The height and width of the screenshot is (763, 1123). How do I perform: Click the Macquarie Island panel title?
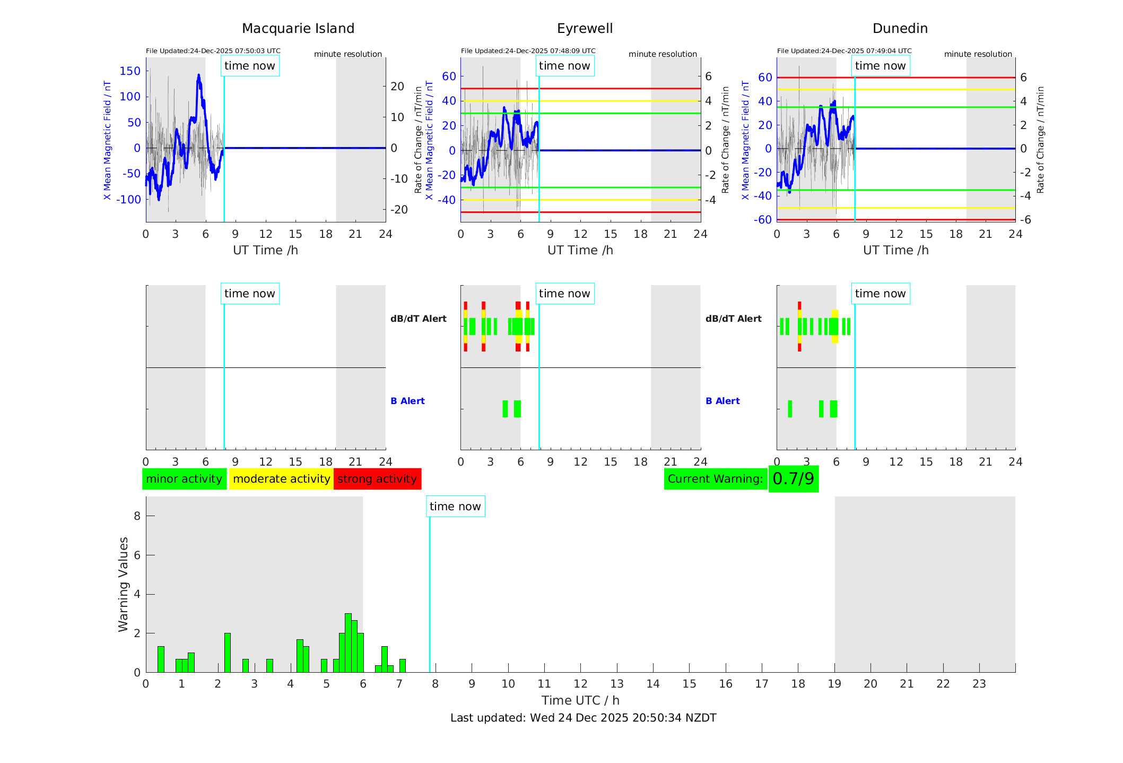pos(298,29)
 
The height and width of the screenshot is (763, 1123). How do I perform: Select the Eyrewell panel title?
pos(585,29)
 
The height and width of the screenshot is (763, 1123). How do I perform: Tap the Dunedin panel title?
pos(900,29)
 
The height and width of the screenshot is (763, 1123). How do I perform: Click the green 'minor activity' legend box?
pos(184,479)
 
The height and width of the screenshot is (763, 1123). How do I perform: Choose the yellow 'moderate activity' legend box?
pos(281,479)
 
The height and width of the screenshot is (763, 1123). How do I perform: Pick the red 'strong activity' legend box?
pos(377,479)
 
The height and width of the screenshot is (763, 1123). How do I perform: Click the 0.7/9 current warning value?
pos(793,479)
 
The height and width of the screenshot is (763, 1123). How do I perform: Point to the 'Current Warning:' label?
pos(715,479)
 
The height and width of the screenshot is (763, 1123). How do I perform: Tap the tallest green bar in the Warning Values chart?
pos(348,642)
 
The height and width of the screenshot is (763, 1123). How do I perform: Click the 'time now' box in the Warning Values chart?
pos(455,507)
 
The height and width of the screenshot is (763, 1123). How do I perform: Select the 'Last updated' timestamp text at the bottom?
pos(583,718)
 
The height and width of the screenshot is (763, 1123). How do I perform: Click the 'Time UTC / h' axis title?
pos(580,700)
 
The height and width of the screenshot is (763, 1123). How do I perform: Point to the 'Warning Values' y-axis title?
pos(123,584)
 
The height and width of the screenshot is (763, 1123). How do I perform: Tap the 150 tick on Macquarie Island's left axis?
pos(130,71)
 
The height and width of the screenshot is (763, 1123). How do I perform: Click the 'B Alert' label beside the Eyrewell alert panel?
pos(407,401)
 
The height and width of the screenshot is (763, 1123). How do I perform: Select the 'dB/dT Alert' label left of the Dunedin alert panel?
pos(733,319)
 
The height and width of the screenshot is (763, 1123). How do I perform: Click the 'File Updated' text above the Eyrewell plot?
pos(528,51)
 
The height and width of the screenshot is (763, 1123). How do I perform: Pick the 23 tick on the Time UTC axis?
pos(979,684)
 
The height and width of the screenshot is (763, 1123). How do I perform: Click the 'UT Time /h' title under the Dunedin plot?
pos(895,250)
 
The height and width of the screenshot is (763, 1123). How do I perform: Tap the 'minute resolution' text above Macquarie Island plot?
pos(347,54)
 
